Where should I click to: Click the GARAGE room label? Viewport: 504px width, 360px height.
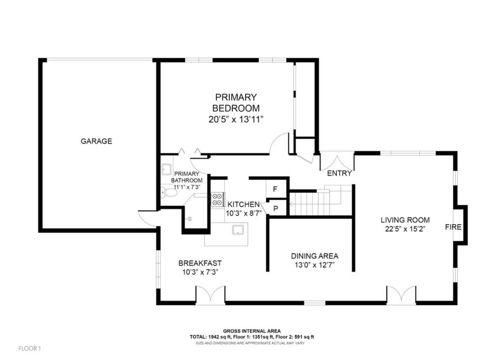tap(96, 141)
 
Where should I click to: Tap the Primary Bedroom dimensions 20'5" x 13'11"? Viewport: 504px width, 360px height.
tap(236, 119)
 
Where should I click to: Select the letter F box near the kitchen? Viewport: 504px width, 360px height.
tap(275, 189)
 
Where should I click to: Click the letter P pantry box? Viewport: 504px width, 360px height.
tap(276, 209)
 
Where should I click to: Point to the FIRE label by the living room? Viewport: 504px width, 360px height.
tap(453, 227)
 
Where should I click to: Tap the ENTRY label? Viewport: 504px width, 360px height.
tap(339, 173)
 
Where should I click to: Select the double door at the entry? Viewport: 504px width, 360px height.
tap(337, 161)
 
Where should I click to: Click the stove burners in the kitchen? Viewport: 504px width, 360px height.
tap(217, 199)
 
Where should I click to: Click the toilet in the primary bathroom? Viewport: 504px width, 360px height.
tap(169, 192)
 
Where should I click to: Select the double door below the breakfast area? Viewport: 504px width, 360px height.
tap(211, 295)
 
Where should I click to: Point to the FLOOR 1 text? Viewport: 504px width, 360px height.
tap(30, 348)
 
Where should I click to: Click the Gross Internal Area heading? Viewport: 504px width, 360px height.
tap(252, 331)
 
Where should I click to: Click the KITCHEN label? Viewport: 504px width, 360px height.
tap(243, 205)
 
